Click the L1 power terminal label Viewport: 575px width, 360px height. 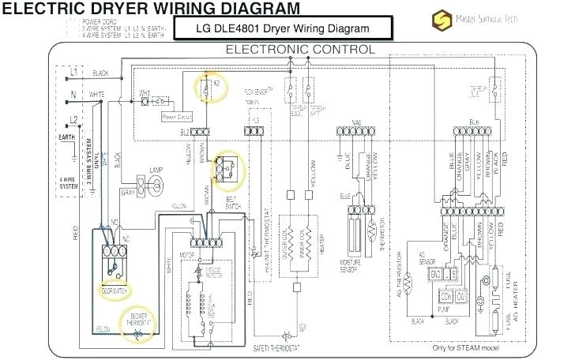point(73,72)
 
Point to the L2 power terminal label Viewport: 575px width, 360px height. point(73,118)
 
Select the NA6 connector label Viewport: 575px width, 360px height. point(345,124)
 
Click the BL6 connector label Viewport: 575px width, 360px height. point(474,122)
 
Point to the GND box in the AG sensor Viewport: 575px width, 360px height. point(435,272)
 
